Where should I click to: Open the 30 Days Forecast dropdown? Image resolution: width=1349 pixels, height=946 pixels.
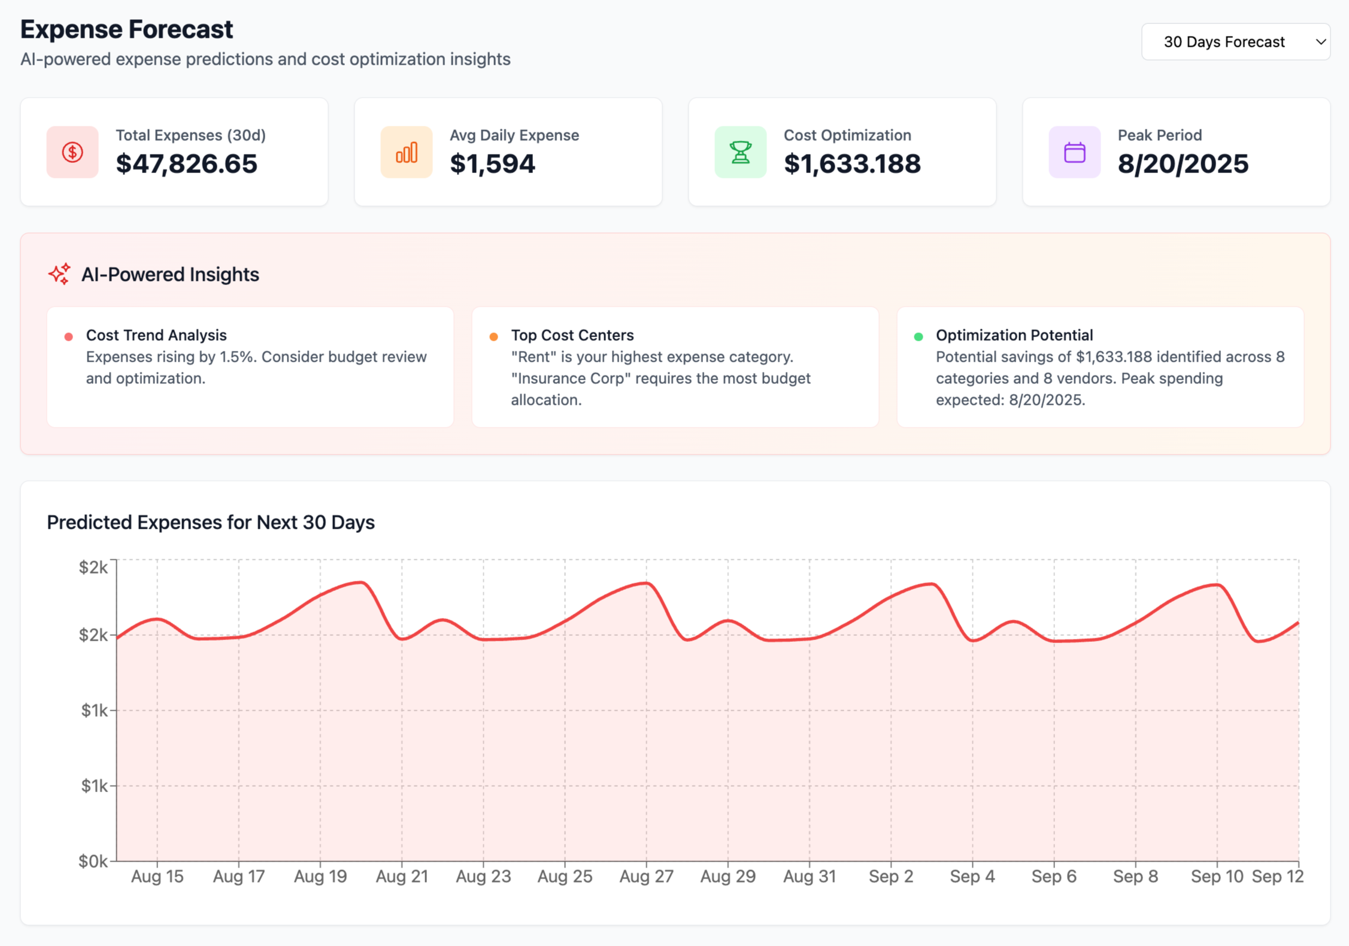(1235, 42)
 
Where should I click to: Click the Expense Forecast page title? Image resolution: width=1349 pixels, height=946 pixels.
(126, 29)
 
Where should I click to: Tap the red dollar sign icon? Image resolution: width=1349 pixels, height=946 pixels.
(72, 152)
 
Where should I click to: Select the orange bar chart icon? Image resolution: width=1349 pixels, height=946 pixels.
(406, 152)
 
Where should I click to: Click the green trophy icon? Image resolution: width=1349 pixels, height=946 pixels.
(740, 152)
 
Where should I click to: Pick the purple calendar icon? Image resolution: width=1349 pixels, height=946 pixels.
(1074, 152)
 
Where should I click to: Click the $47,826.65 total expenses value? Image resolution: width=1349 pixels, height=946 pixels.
(186, 164)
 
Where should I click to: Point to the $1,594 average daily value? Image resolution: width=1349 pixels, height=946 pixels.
(492, 164)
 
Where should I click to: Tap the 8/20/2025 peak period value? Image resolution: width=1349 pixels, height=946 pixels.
(1183, 164)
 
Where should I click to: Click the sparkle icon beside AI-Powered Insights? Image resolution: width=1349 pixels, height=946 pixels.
(59, 274)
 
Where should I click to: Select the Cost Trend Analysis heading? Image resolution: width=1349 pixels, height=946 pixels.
(156, 335)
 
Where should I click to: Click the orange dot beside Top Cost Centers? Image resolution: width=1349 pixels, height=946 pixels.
(493, 336)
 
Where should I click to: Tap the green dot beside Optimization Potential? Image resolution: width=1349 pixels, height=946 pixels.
(918, 336)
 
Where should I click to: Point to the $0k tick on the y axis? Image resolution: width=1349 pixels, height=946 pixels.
(93, 861)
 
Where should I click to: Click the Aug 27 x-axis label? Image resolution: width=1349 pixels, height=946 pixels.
(646, 877)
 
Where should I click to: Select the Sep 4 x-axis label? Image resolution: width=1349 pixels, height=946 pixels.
(972, 877)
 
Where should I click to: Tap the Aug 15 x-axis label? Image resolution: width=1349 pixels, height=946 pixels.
(157, 877)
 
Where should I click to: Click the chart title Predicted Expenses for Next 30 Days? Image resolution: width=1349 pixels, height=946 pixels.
(211, 522)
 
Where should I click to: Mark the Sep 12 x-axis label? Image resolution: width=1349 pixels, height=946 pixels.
(1277, 877)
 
